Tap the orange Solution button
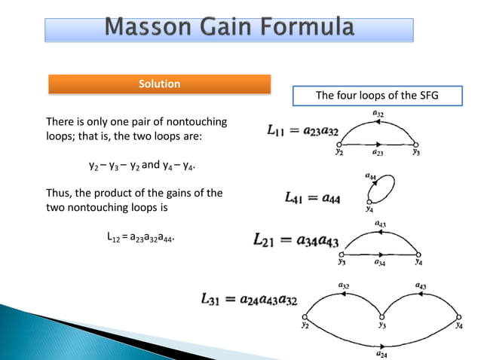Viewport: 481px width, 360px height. coord(159,84)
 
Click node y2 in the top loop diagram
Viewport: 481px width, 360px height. coord(339,143)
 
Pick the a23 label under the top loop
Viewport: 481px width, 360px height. coord(379,151)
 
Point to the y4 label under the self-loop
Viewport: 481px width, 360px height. coord(369,211)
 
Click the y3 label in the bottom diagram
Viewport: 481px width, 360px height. coord(383,327)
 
